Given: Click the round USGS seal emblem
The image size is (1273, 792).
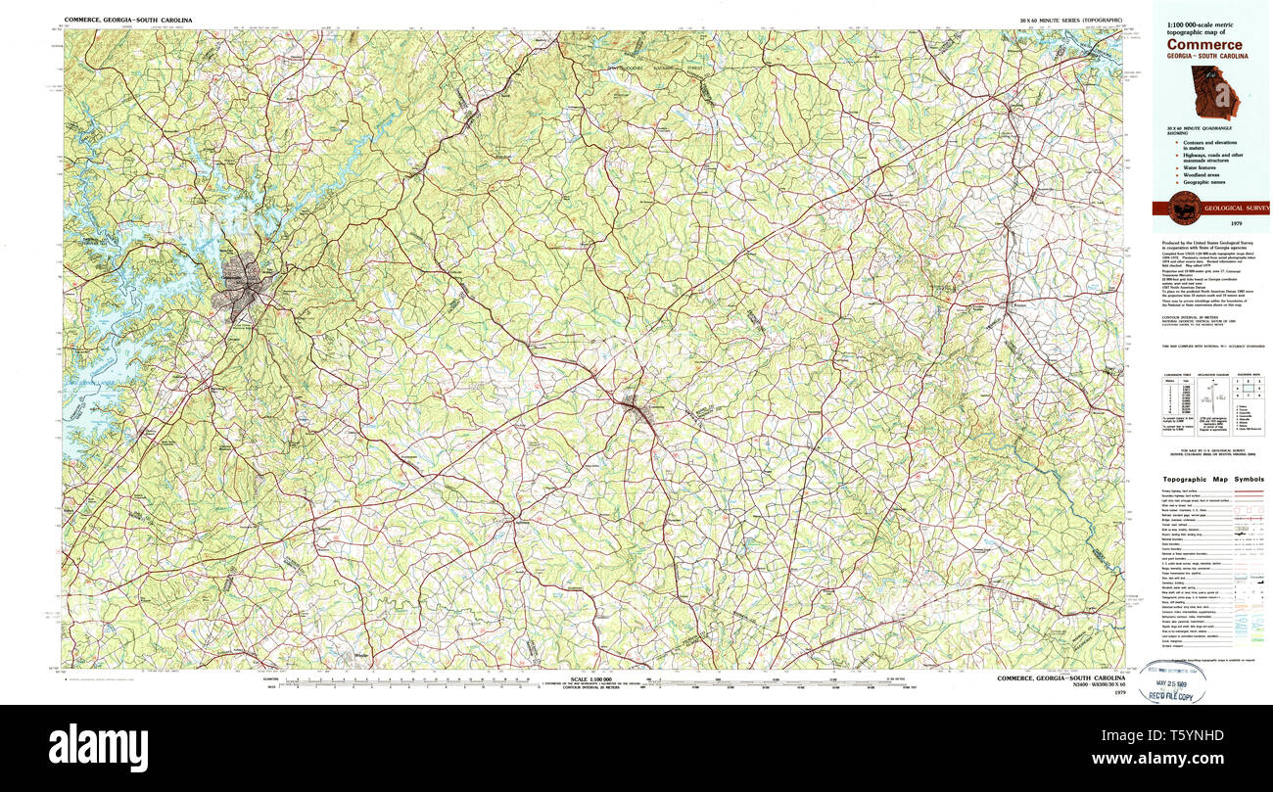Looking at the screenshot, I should point(1184,208).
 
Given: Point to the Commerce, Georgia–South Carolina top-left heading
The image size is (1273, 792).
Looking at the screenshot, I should point(128,20).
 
